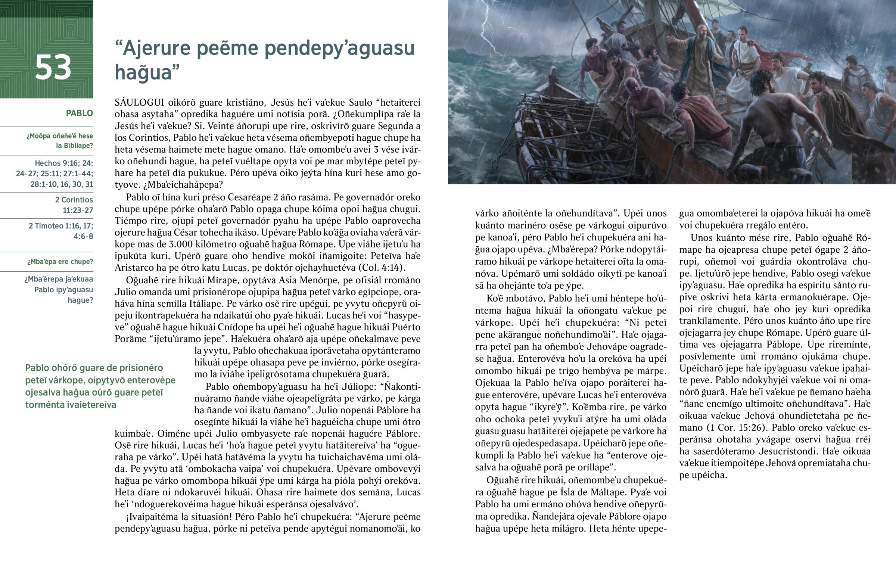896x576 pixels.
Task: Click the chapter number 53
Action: [x=53, y=68]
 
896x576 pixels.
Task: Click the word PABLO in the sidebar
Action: [x=79, y=113]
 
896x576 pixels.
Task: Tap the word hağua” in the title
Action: [x=147, y=72]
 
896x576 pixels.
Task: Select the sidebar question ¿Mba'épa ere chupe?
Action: [x=60, y=262]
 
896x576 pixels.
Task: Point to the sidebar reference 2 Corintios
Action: [x=74, y=200]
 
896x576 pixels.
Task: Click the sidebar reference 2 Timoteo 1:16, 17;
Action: [x=61, y=226]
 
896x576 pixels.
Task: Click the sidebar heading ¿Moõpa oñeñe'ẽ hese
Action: [x=59, y=136]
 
